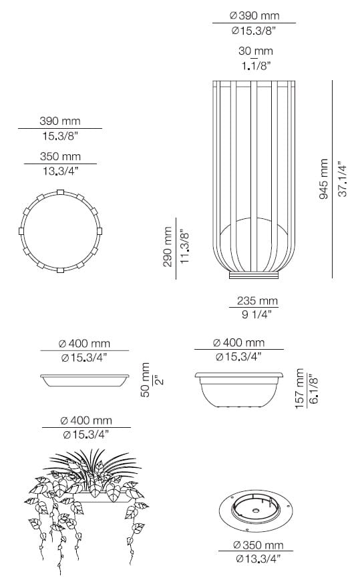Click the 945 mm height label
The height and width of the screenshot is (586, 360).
[324, 179]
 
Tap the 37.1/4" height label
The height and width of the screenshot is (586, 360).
[343, 179]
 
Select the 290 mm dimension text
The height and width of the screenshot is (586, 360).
[168, 247]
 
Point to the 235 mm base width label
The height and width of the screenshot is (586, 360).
[257, 300]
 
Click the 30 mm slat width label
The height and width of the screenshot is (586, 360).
[256, 51]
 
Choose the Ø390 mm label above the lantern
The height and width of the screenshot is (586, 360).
[254, 16]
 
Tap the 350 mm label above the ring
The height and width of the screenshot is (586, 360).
[60, 156]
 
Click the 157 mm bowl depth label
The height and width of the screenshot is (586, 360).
[300, 388]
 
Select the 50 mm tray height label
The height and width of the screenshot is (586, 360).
[146, 379]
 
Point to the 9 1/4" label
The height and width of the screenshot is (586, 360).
[256, 314]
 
